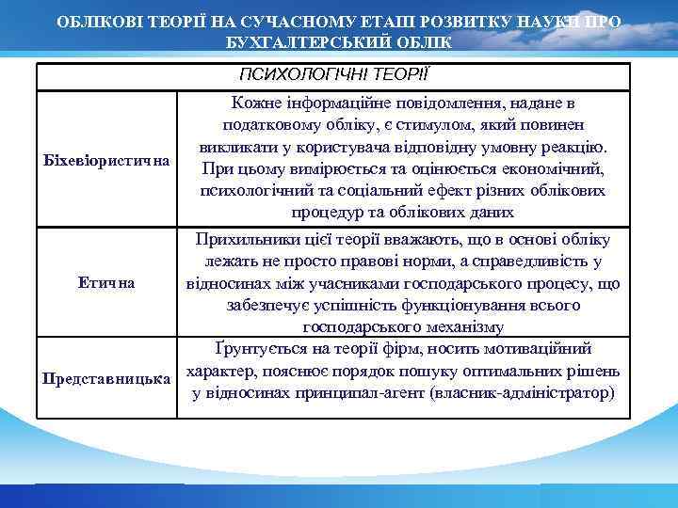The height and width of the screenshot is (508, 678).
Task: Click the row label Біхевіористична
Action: tap(106, 159)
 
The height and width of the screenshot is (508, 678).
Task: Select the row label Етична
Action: tap(106, 282)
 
